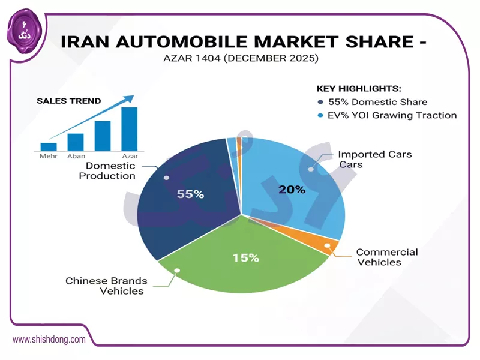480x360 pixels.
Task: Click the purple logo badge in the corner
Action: click(19, 28)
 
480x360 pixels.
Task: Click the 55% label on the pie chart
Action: click(191, 194)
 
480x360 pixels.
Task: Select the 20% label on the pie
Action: click(292, 190)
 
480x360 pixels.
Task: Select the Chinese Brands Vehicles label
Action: click(105, 286)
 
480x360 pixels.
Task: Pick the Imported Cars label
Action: click(375, 159)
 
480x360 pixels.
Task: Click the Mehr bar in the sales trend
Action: click(49, 146)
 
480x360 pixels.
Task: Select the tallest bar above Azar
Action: click(129, 128)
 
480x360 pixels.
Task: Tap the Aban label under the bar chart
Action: click(76, 155)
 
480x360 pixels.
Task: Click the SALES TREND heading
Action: click(69, 101)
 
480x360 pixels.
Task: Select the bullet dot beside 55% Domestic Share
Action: click(322, 102)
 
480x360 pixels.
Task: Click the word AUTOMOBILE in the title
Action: click(199, 42)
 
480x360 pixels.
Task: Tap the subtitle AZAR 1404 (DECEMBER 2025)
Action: click(240, 59)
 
